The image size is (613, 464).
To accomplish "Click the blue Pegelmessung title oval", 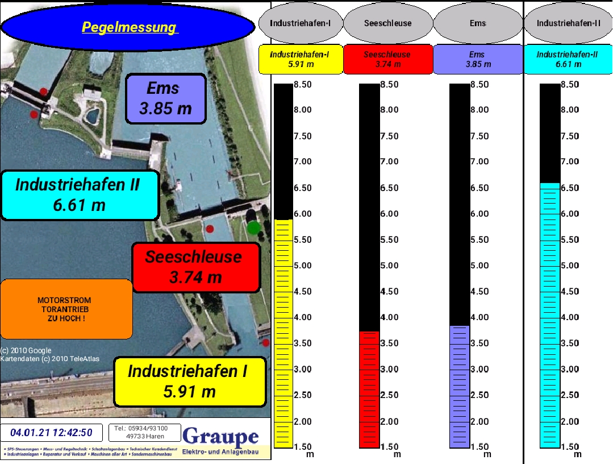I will tap(128, 27).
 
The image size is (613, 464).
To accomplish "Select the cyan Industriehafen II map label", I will tap(80, 195).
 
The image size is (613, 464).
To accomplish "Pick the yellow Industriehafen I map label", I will tap(189, 382).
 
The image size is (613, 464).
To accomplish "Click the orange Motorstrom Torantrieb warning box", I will tap(66, 309).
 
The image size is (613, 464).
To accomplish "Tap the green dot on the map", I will tap(254, 227).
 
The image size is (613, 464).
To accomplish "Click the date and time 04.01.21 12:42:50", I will tap(51, 433).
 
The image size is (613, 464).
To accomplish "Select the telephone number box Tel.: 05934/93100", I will tap(145, 432).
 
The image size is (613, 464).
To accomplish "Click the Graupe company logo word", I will tap(220, 437).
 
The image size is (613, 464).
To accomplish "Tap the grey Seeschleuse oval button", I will tap(389, 24).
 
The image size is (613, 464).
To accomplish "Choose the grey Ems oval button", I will tap(477, 24).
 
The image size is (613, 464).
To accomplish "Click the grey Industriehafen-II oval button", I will tap(568, 24).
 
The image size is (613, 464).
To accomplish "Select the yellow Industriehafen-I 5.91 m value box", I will tap(300, 59).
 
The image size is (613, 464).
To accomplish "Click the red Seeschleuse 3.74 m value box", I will tap(387, 59).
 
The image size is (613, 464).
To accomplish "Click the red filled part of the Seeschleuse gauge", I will tap(369, 389).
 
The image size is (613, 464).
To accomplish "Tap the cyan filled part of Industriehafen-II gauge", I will tap(549, 315).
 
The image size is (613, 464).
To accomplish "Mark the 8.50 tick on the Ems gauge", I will tap(479, 85).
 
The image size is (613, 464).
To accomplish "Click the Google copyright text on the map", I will tap(26, 350).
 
